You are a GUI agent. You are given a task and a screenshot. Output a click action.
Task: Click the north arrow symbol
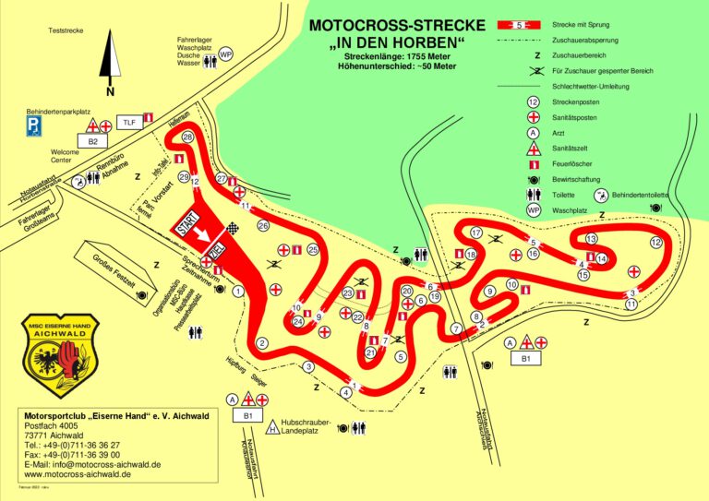pos(109,59)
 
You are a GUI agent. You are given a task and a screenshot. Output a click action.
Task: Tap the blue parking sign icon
pos(33,124)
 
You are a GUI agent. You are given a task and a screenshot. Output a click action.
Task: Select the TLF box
pos(128,122)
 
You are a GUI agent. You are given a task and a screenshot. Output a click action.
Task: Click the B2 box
pos(92,141)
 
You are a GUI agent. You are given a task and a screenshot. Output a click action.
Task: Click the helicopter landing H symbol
pos(272,427)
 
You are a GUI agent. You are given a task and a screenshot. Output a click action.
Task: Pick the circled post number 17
pos(476,233)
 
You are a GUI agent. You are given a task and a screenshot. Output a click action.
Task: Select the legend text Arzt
pos(559,132)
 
